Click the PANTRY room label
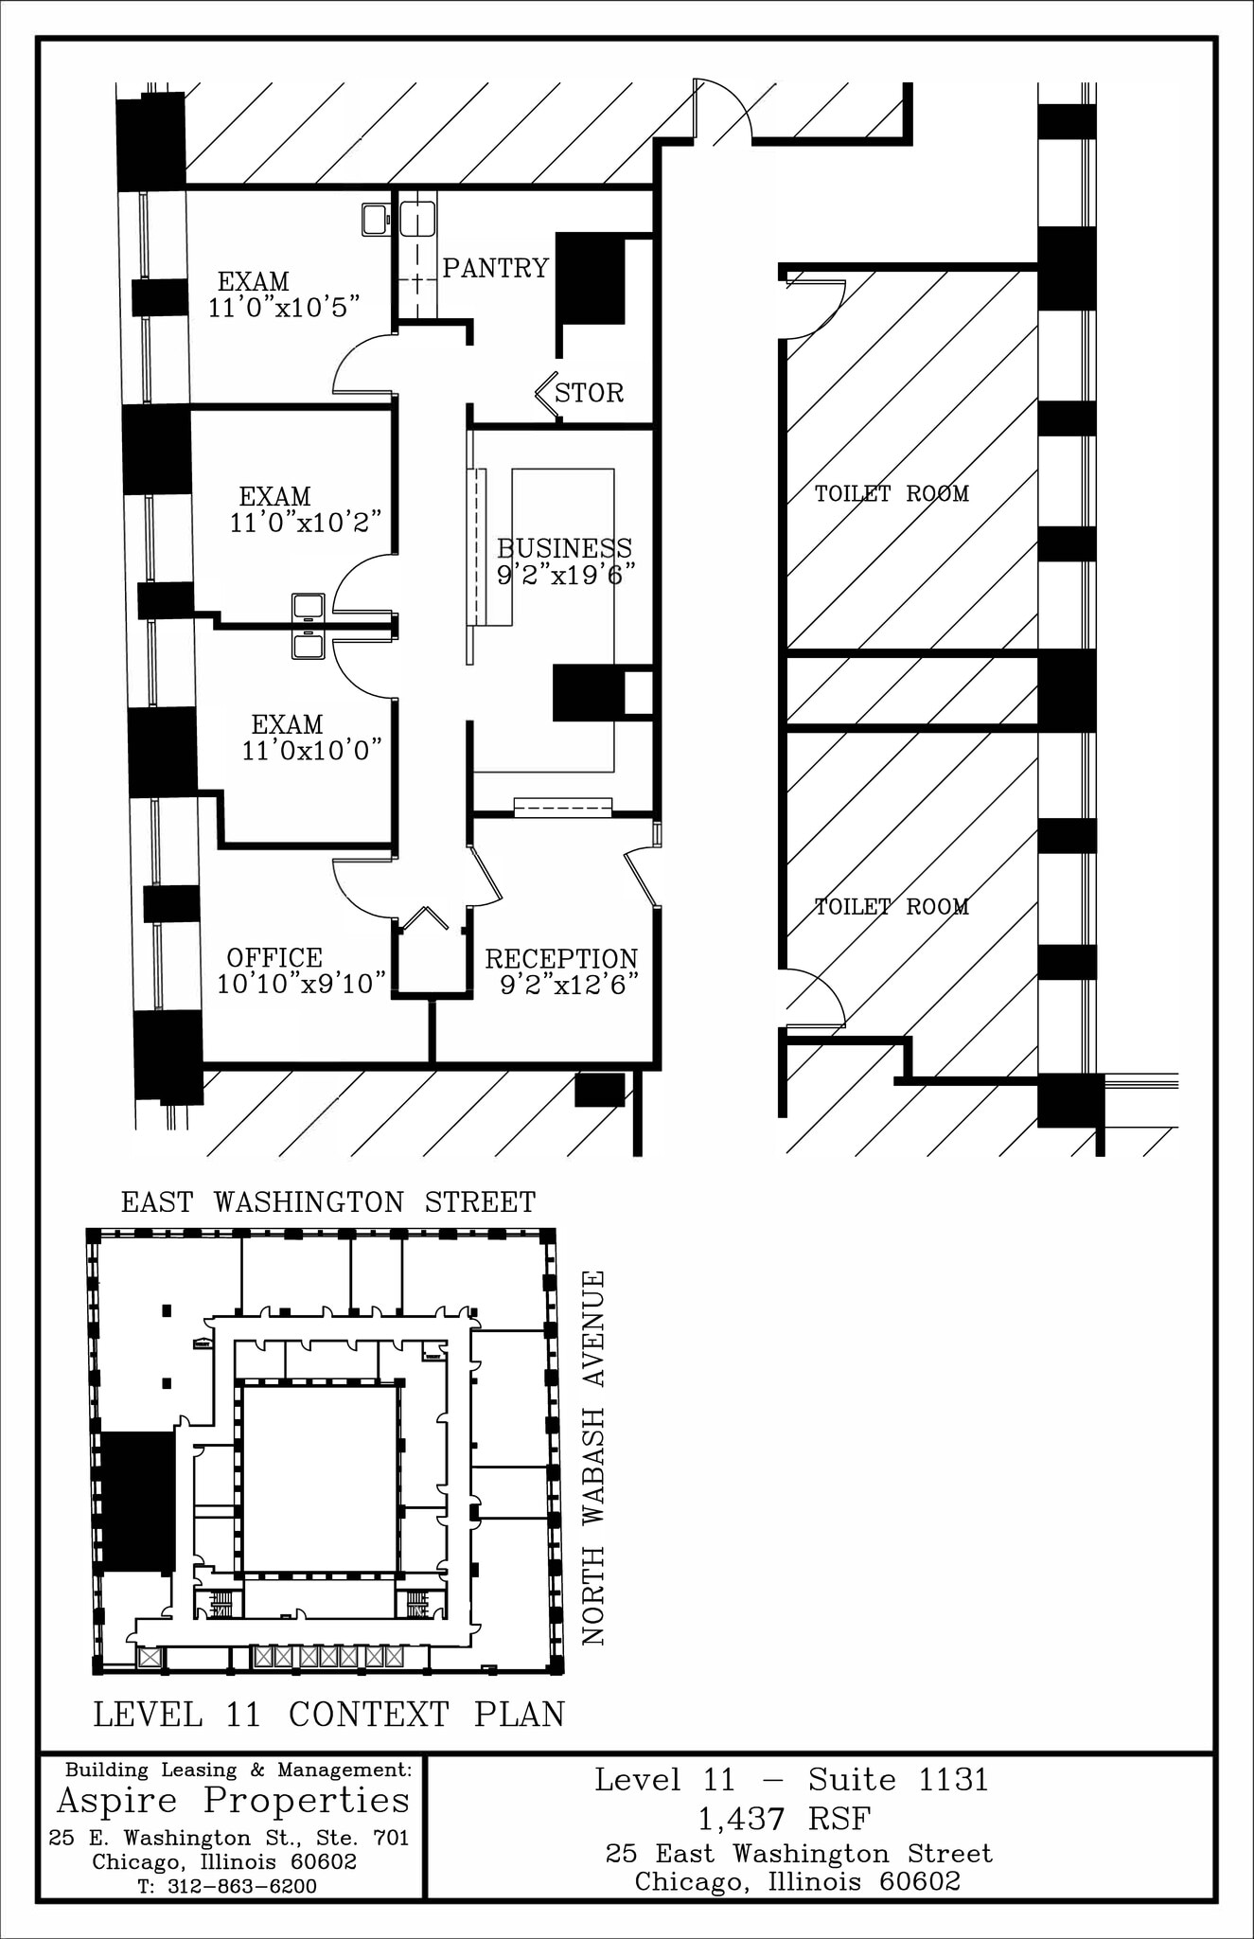coord(496,269)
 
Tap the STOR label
coord(589,393)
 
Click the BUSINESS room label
coord(564,548)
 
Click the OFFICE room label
coord(274,958)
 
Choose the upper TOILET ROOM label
coord(892,493)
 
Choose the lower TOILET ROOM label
coord(892,907)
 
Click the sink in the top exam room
coord(376,220)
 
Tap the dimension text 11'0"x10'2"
coord(306,523)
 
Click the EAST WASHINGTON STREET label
coord(328,1202)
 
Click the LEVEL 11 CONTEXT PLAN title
coord(328,1715)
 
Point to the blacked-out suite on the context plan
coord(138,1502)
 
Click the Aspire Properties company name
coord(233,1800)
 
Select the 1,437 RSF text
coord(784,1819)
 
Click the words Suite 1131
coord(898,1780)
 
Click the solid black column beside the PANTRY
coord(591,279)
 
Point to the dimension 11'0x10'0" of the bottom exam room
coord(311,751)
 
